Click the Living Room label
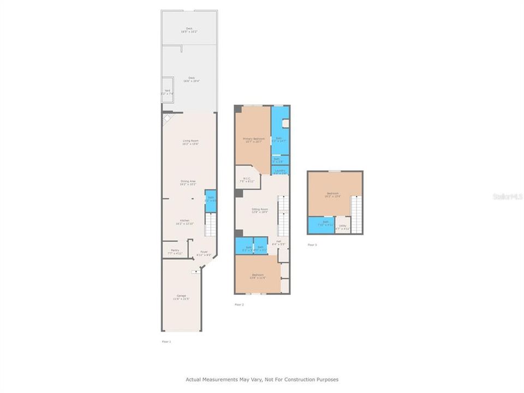click(190, 142)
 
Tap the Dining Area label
click(188, 183)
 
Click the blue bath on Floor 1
click(210, 200)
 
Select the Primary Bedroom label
click(253, 140)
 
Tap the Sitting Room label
click(259, 211)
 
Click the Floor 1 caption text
click(166, 342)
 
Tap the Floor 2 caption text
click(239, 305)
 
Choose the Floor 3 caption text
click(312, 245)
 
